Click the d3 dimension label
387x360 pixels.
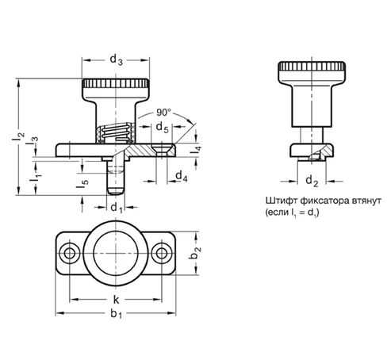tap(117, 59)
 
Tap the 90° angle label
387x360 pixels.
tap(164, 113)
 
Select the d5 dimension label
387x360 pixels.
tap(162, 128)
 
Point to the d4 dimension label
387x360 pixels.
tap(182, 176)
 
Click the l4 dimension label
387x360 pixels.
tap(196, 150)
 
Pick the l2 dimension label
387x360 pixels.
tap(18, 136)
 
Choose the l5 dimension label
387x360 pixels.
tap(82, 184)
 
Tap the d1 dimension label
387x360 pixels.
tap(117, 208)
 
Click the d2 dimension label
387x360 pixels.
tap(312, 182)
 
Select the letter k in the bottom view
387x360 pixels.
tap(117, 300)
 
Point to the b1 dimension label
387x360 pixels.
tap(117, 314)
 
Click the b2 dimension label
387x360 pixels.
tap(195, 253)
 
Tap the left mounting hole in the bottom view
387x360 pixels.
tap(70, 253)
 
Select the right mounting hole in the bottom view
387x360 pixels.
tap(162, 253)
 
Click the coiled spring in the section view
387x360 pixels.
tap(115, 132)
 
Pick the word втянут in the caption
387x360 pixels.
tap(366, 201)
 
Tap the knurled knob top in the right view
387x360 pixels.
tap(312, 66)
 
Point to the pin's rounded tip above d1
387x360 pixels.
tap(116, 191)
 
